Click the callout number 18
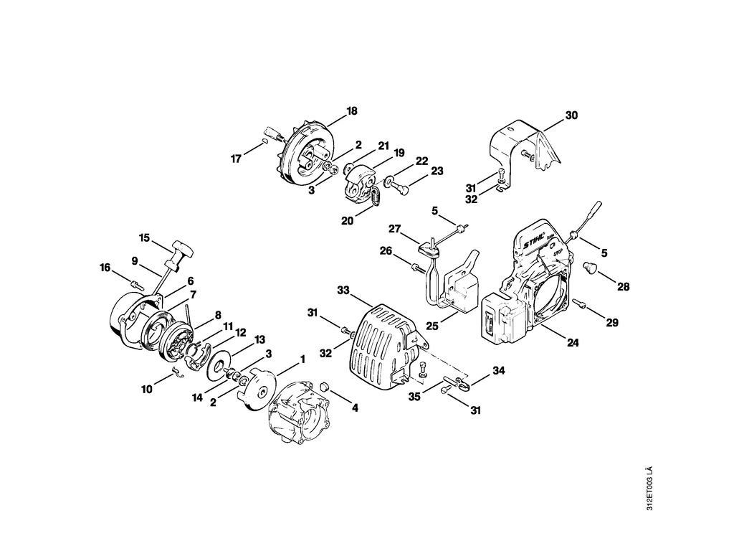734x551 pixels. tap(352, 111)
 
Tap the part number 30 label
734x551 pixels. tap(571, 115)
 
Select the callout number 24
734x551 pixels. tap(572, 343)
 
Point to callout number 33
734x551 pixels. tap(343, 290)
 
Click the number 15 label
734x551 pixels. tap(144, 237)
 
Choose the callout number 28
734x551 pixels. tap(623, 287)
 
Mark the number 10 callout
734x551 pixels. tap(147, 389)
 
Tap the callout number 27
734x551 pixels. tap(394, 229)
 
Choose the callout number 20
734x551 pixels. tap(347, 221)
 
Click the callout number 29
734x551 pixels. tap(611, 323)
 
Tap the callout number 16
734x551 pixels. tap(105, 268)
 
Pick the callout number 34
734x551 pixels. tap(499, 371)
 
